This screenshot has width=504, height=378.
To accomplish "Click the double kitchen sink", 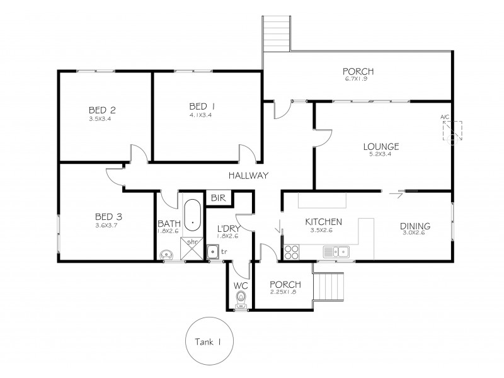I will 336,252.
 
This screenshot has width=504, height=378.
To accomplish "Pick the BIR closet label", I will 219,198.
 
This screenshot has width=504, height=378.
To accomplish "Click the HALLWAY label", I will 248,176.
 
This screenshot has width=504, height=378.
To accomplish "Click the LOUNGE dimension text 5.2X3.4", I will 381,156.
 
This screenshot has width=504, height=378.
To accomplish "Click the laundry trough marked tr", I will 215,253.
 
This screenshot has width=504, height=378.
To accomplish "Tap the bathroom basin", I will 167,255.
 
